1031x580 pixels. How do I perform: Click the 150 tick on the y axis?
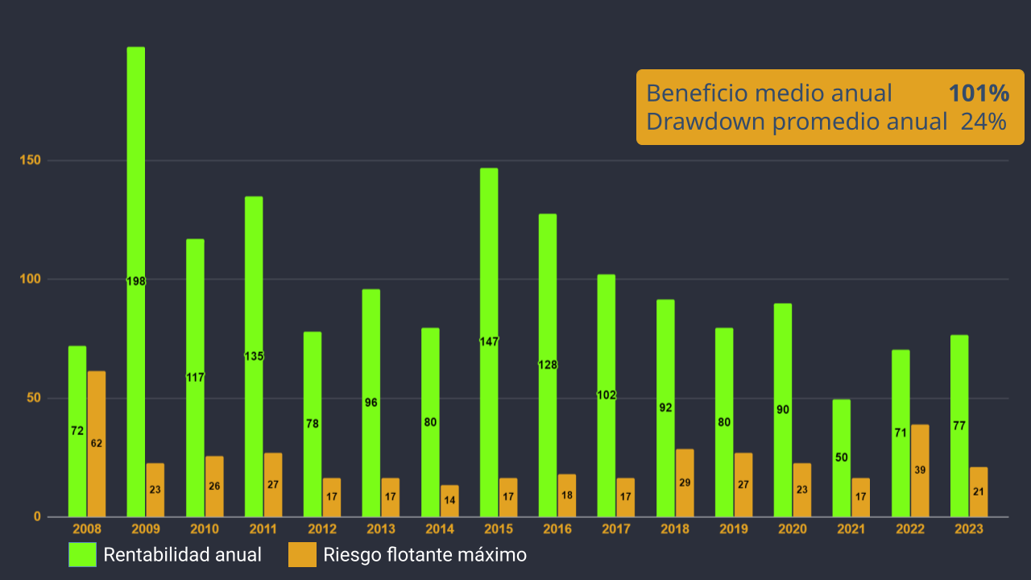click(x=31, y=160)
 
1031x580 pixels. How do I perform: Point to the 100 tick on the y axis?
click(x=31, y=280)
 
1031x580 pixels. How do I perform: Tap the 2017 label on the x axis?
click(x=616, y=529)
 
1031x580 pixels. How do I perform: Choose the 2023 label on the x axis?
click(x=969, y=529)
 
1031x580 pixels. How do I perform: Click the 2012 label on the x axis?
click(x=322, y=529)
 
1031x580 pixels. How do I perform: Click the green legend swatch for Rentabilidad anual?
click(x=81, y=554)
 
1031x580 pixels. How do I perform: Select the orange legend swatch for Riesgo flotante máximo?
click(x=302, y=554)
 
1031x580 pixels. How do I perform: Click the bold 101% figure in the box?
click(x=979, y=93)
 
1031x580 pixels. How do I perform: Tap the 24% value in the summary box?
click(x=983, y=122)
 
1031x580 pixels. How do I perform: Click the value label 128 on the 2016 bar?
click(x=548, y=365)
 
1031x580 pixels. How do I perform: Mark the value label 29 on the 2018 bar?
click(x=685, y=483)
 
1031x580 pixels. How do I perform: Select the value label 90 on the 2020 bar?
click(x=783, y=409)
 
